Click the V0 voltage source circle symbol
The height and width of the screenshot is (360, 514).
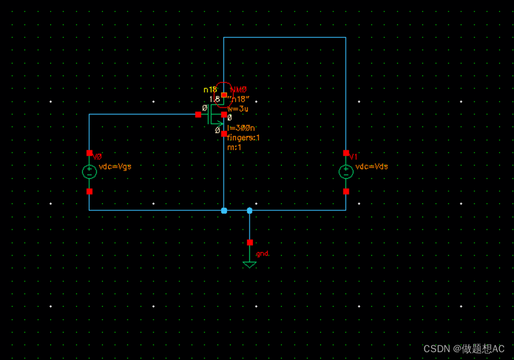coord(89,172)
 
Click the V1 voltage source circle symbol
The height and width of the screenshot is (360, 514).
coord(346,172)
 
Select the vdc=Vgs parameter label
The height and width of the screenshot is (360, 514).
coord(114,166)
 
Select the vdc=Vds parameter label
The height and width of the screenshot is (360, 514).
coord(372,166)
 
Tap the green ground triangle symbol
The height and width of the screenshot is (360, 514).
coord(249,264)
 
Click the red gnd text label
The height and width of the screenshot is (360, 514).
coord(262,254)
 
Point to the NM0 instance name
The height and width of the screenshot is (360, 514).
coord(239,89)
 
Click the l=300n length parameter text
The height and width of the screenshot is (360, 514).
coord(241,127)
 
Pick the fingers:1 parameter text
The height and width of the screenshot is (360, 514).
coord(243,137)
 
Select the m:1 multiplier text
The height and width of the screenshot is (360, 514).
coord(234,147)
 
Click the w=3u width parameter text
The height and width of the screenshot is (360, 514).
coord(238,109)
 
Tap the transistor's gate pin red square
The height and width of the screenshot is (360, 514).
coord(198,115)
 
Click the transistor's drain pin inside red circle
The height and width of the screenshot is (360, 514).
coord(224,95)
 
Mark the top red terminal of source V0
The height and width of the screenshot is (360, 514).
coord(89,153)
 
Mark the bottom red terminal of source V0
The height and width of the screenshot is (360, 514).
coord(89,191)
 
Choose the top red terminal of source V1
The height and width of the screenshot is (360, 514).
coord(346,153)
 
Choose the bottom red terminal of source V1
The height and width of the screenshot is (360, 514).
coord(346,191)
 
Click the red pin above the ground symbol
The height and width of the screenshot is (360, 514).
coord(249,242)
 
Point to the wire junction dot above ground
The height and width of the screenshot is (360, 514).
coord(249,210)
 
